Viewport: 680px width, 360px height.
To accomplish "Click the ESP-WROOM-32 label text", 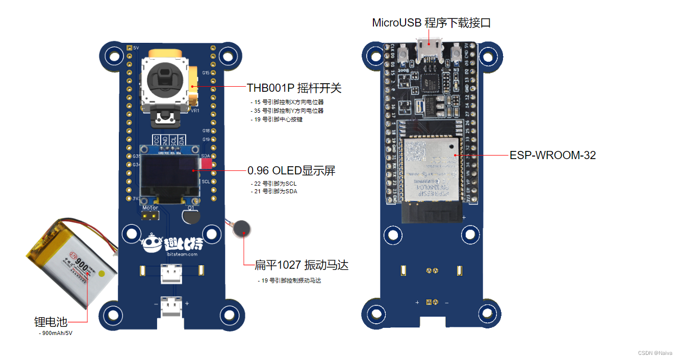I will point(552,155).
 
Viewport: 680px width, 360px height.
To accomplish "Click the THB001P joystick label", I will point(294,88).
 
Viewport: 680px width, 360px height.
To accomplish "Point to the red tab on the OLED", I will point(206,163).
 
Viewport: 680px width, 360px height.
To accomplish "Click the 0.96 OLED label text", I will point(291,170).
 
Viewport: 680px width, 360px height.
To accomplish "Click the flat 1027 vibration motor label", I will point(301,265).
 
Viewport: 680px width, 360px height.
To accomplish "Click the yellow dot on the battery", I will point(102,274).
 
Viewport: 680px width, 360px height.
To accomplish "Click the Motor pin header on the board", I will point(150,216).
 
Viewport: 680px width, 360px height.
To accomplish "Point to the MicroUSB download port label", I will point(431,22).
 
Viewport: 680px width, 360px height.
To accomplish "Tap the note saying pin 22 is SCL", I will point(274,184).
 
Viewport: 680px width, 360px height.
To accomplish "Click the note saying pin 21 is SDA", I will point(274,192).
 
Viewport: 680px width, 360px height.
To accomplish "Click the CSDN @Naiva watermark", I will point(655,353).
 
